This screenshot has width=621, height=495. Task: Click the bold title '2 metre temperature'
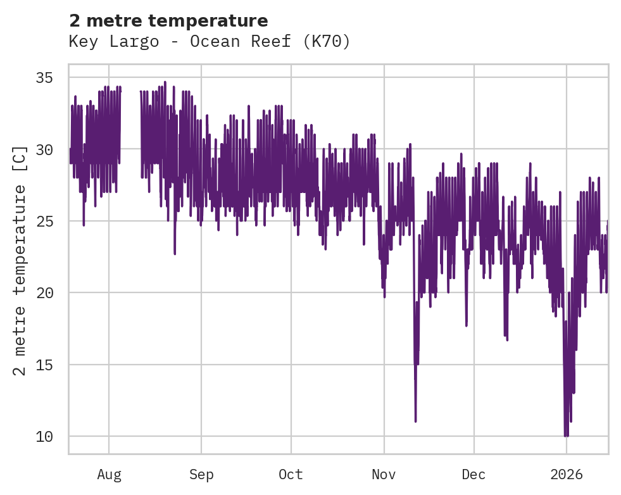(x=168, y=21)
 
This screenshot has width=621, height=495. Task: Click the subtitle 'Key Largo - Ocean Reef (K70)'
(x=209, y=42)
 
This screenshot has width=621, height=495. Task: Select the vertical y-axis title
(x=20, y=260)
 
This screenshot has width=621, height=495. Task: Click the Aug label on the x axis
(x=109, y=474)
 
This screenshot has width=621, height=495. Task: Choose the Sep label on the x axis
(x=201, y=474)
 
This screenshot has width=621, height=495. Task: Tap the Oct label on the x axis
(x=291, y=474)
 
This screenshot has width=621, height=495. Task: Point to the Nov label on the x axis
(x=384, y=474)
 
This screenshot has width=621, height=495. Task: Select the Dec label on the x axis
(x=474, y=474)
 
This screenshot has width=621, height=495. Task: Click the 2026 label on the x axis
(x=566, y=474)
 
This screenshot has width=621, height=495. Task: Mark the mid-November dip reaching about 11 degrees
(x=415, y=419)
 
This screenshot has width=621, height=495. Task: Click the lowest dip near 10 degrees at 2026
(x=566, y=434)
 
